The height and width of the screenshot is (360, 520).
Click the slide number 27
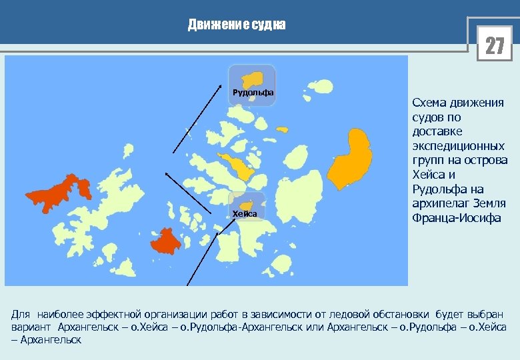495,46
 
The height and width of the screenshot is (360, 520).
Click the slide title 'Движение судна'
237,25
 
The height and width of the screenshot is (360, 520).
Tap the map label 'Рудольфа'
253,92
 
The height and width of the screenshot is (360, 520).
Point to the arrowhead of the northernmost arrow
221,86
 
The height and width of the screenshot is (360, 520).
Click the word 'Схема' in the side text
431,103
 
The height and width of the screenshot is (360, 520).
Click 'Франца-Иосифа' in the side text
457,218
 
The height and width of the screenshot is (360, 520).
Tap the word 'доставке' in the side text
437,131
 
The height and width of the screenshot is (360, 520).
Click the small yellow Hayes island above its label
247,205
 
